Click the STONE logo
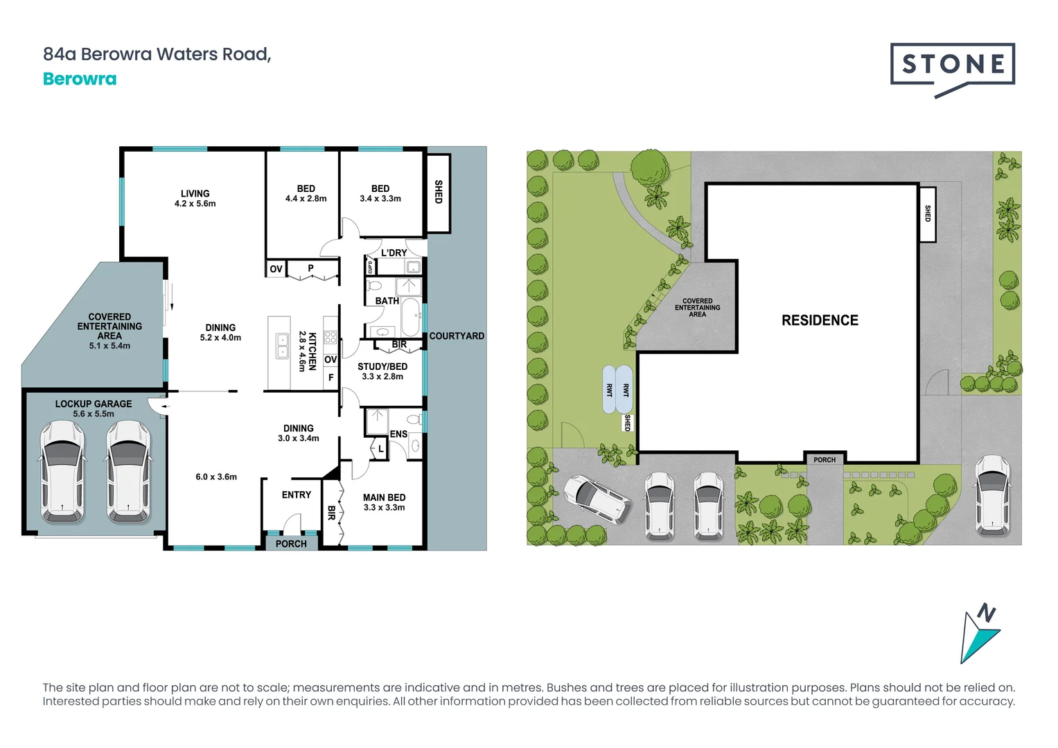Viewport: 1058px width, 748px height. pos(953,66)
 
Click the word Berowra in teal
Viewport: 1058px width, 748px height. pos(80,79)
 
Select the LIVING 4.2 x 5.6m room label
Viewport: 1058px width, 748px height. pos(195,199)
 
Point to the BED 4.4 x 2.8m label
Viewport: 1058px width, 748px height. pos(306,193)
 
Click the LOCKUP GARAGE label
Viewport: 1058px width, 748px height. pos(94,408)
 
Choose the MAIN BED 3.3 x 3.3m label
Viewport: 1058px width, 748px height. pos(384,502)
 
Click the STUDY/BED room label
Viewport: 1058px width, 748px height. pos(382,371)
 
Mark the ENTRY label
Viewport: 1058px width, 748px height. pos(297,495)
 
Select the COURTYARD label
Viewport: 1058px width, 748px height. pos(457,336)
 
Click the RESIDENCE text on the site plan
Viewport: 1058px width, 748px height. pos(820,320)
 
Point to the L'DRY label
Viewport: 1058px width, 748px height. pos(394,253)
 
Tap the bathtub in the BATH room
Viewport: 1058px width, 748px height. pos(411,317)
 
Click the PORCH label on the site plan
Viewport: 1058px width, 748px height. pos(825,459)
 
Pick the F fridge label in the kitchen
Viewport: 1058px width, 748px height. pos(330,377)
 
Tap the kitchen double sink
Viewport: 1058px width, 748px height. pos(282,345)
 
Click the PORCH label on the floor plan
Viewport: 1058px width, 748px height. pos(291,544)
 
